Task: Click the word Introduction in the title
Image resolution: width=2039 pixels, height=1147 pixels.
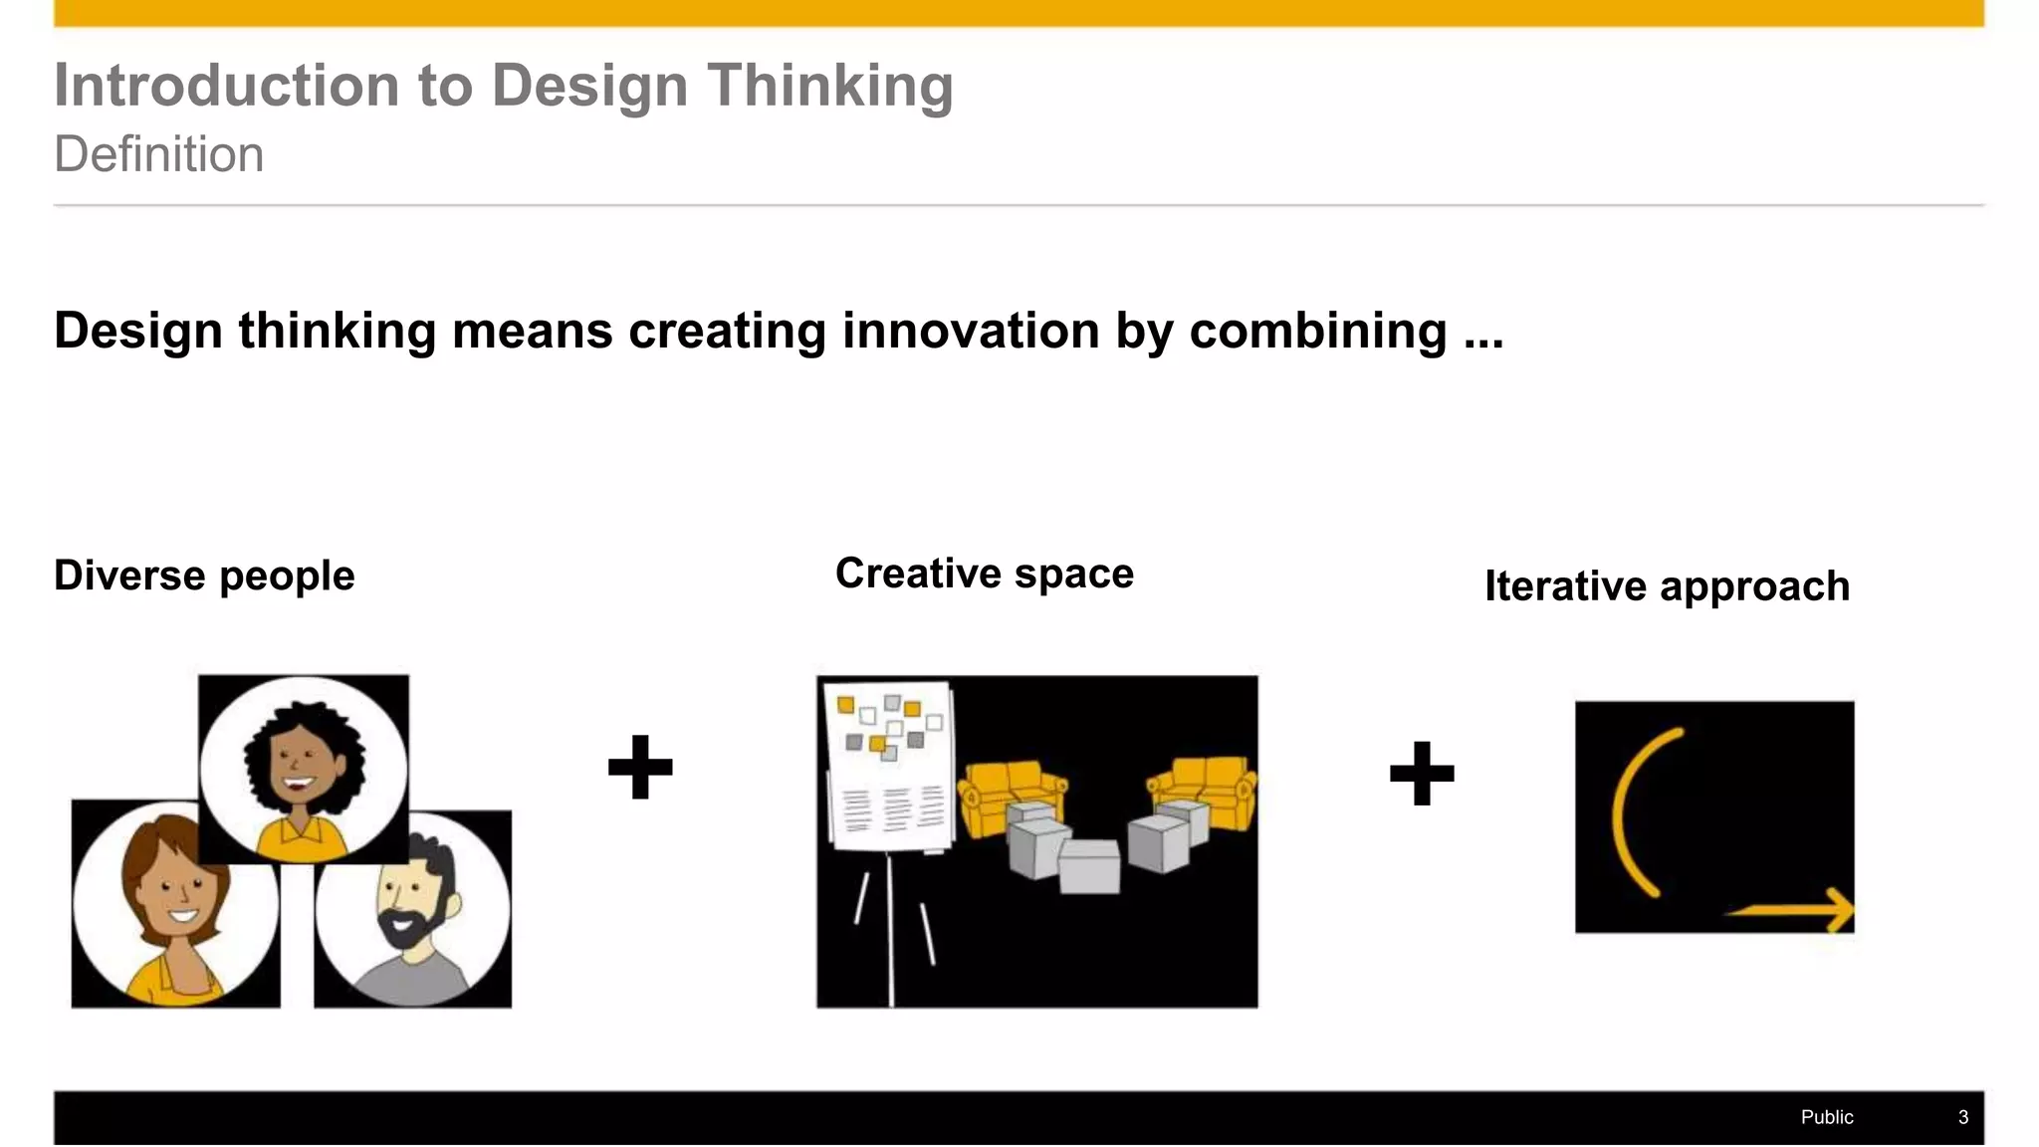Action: [226, 86]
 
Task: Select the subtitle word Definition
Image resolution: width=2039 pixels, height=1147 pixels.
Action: [159, 155]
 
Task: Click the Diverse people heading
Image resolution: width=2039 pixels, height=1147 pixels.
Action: [204, 575]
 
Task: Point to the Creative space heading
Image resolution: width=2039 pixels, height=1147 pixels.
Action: [984, 573]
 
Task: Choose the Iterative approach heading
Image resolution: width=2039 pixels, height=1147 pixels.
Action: [1667, 586]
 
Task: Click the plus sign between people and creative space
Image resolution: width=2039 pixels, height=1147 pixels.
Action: [640, 767]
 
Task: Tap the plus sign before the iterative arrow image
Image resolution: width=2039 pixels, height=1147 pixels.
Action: [1422, 773]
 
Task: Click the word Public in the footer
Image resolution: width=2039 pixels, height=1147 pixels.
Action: [1826, 1117]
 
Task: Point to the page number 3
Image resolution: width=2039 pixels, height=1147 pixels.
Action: [1962, 1117]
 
